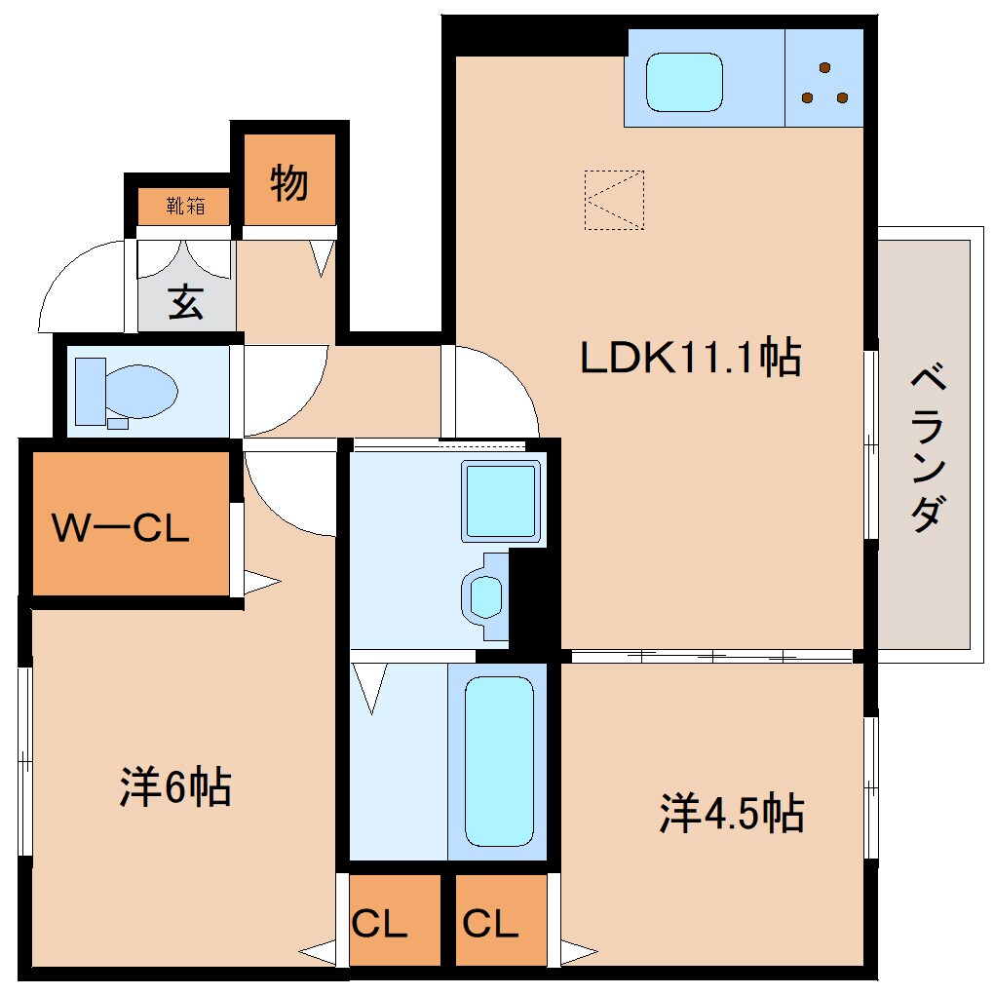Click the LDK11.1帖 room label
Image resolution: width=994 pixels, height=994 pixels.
(x=690, y=359)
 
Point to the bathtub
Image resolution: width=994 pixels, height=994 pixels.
(x=499, y=760)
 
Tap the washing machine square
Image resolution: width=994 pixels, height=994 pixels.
(x=501, y=500)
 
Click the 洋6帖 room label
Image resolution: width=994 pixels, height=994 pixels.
(x=175, y=786)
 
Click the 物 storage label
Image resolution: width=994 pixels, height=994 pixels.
(x=288, y=182)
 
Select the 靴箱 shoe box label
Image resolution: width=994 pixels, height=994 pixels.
(x=184, y=206)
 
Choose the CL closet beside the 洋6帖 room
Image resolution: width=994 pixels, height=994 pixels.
(x=380, y=923)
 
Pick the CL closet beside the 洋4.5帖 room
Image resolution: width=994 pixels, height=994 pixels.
(x=491, y=923)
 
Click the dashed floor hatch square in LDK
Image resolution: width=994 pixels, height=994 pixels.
(x=614, y=200)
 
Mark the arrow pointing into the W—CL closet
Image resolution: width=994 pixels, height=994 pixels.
(x=261, y=584)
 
